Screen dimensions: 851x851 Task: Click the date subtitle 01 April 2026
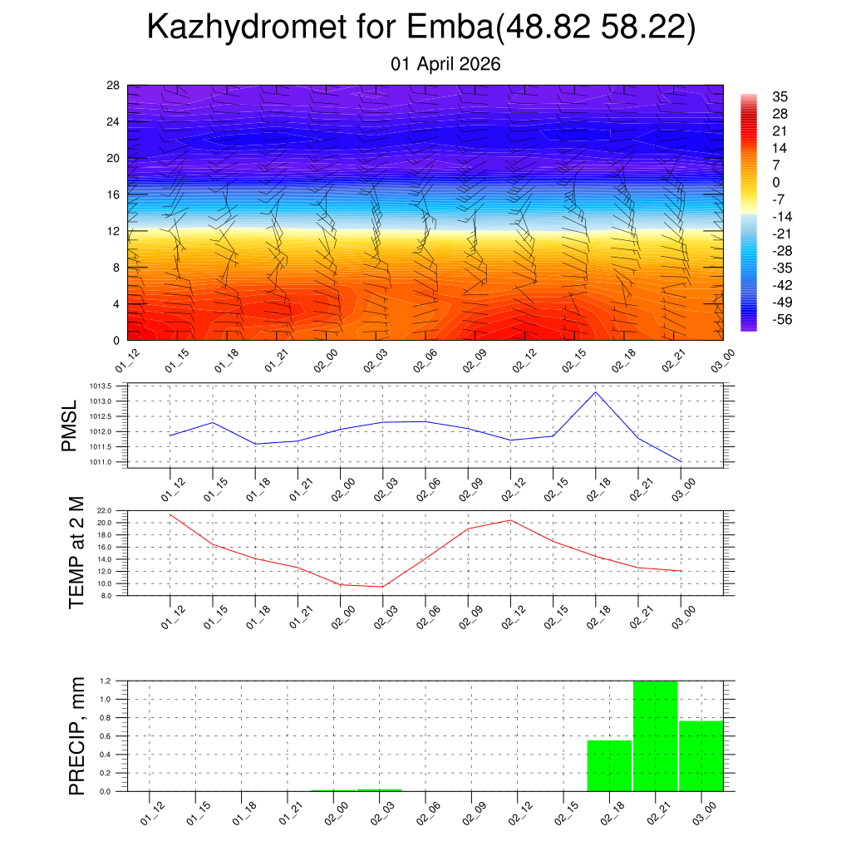[x=445, y=64]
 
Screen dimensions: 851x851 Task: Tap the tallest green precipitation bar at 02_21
[x=656, y=735]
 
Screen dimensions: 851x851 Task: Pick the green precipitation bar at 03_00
[x=701, y=755]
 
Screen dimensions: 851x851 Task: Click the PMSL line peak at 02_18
[x=596, y=391]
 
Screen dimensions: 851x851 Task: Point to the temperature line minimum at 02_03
[x=382, y=587]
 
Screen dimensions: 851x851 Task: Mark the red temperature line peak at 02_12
[x=510, y=520]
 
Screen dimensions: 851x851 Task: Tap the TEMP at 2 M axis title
[x=76, y=553]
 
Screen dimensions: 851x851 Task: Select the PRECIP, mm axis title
[x=76, y=735]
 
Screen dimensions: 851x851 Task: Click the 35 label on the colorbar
[x=780, y=96]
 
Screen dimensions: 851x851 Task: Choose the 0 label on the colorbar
[x=776, y=183]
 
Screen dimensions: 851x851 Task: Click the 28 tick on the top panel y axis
[x=114, y=86]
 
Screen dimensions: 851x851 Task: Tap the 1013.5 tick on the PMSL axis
[x=102, y=386]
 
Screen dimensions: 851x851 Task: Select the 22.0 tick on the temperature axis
[x=106, y=510]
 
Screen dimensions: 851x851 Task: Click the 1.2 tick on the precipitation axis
[x=106, y=681]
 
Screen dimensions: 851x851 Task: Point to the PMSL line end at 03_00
[x=681, y=461]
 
